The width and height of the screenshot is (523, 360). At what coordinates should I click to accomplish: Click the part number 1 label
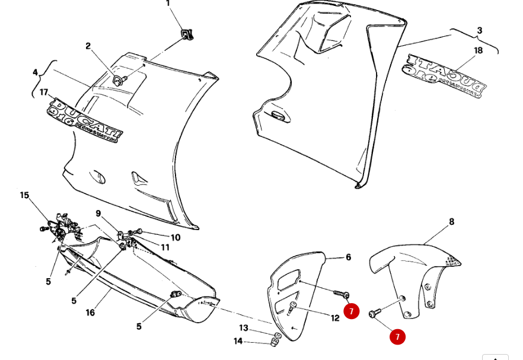pos(168,4)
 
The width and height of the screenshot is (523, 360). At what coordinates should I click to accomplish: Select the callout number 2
pos(88,46)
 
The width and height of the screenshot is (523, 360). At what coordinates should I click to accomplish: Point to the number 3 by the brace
pos(479,30)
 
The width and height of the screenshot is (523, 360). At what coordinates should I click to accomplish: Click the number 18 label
pos(478,50)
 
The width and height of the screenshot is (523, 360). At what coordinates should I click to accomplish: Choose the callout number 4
pos(35,73)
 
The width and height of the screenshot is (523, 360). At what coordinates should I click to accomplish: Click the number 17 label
pos(44,92)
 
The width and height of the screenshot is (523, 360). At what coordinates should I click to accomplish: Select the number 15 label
pos(24,195)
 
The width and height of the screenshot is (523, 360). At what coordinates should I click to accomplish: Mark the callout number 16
pos(90,313)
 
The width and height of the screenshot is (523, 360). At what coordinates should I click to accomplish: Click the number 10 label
pos(175,237)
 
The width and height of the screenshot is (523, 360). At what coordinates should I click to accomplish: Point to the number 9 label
pos(98,214)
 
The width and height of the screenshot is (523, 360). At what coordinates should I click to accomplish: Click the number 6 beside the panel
pos(348,257)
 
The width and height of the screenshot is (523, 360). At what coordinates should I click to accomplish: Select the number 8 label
pos(451,222)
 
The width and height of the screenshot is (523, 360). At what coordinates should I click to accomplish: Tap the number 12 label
pos(335,318)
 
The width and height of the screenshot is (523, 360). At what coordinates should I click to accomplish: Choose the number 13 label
pos(244,328)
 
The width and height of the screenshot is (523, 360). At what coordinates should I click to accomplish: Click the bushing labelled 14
pos(275,343)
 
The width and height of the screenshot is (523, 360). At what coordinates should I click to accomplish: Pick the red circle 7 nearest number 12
pos(352,311)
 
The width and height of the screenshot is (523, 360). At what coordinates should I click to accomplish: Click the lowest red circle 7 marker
pos(397,337)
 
